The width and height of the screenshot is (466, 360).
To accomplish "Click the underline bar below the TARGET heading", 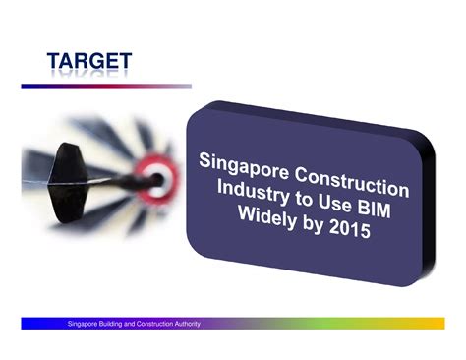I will [x=105, y=86].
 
